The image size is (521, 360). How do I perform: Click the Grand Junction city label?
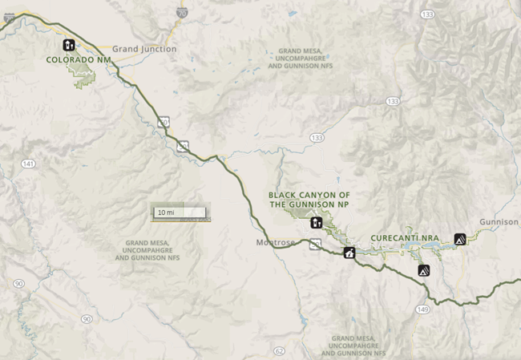click(x=144, y=49)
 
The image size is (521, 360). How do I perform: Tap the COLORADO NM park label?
click(x=78, y=59)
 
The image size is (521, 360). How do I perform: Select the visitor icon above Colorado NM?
click(x=69, y=45)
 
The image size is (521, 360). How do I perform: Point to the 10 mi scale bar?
click(x=180, y=212)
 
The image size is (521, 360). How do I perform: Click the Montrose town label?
click(x=276, y=242)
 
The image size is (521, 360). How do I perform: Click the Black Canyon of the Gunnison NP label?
click(x=309, y=200)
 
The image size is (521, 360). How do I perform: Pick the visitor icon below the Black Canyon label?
click(x=317, y=222)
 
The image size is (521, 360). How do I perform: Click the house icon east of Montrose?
click(x=349, y=253)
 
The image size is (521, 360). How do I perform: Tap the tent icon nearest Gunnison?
click(x=460, y=238)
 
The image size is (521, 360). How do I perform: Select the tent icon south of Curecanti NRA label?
click(x=423, y=270)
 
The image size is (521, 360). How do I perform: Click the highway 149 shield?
click(x=423, y=308)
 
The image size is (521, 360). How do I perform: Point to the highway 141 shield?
click(x=29, y=164)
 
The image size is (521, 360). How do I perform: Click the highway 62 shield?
click(x=279, y=350)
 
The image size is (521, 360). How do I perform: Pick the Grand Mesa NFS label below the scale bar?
click(x=152, y=250)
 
